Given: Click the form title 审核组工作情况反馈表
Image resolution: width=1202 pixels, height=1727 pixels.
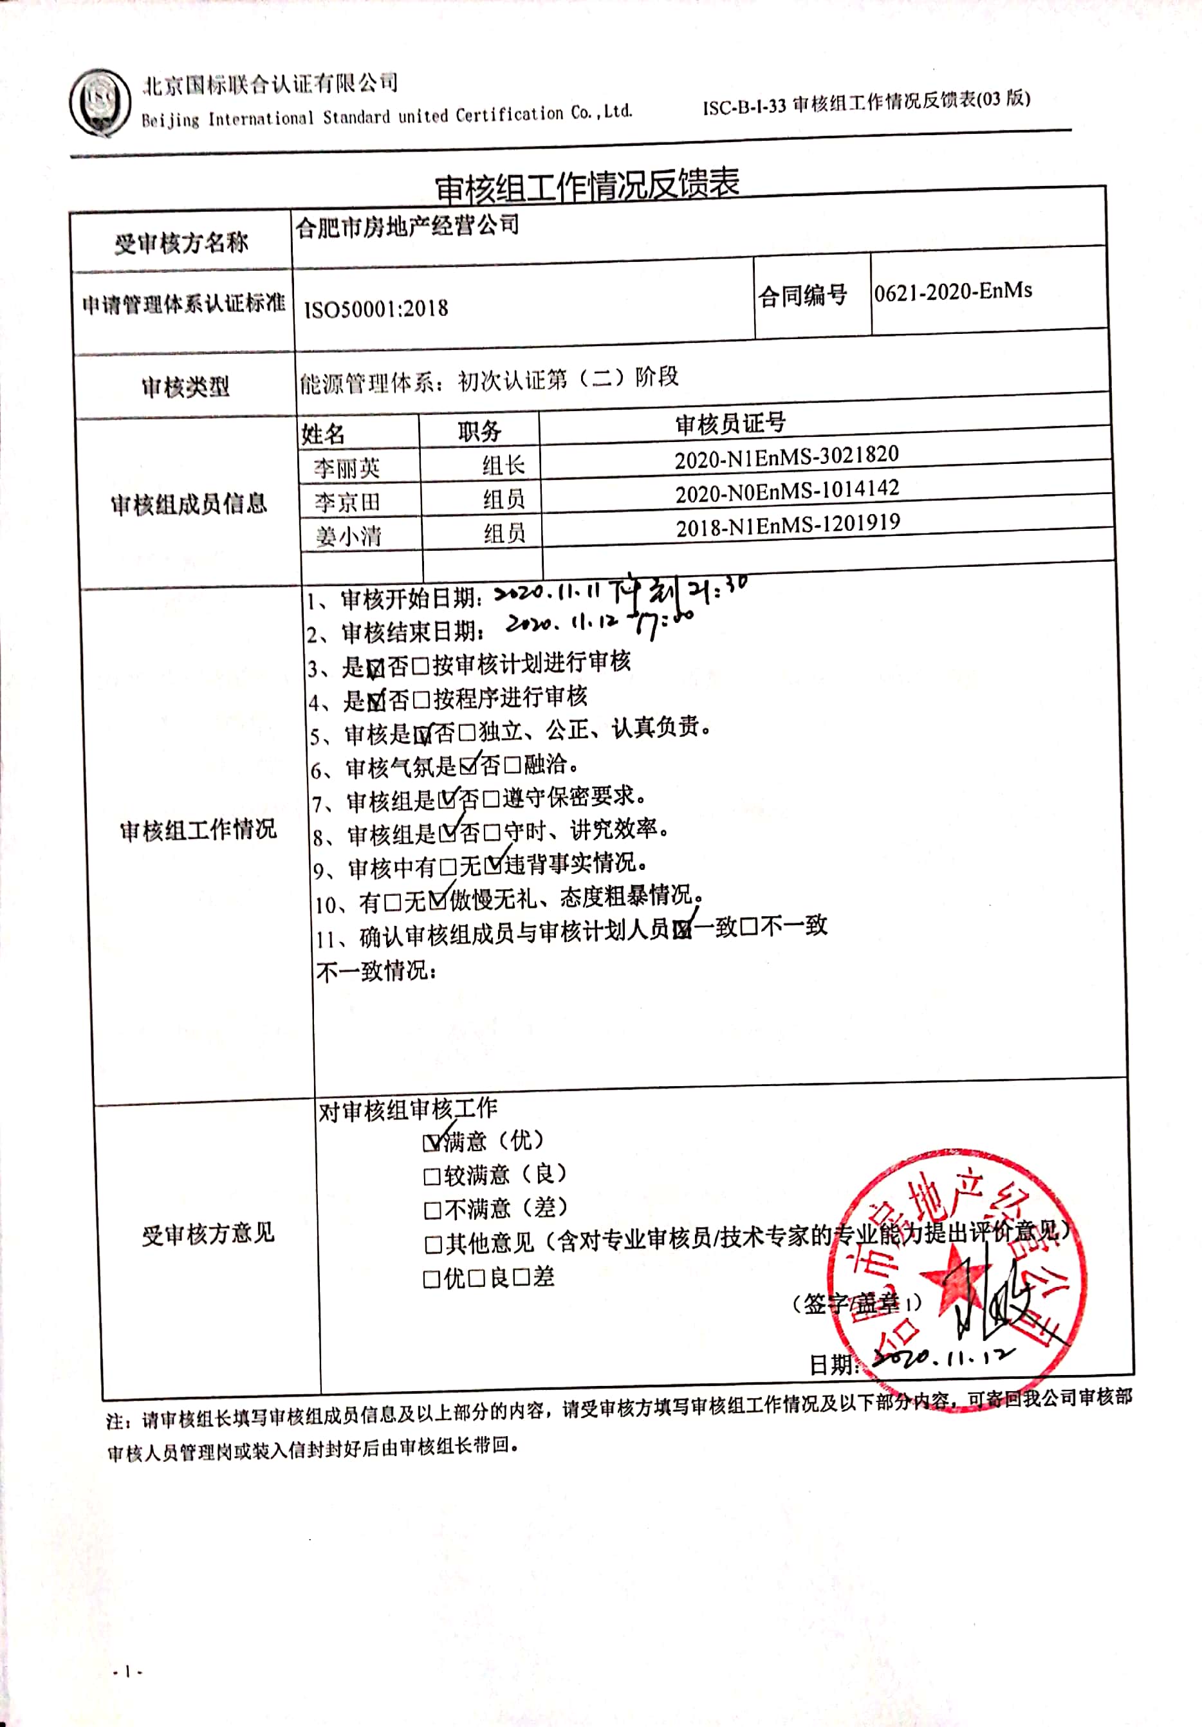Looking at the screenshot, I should point(587,186).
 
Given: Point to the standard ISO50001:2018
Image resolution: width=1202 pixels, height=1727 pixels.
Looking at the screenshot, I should point(375,308).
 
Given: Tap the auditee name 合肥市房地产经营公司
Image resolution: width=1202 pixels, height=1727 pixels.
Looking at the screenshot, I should point(407,226).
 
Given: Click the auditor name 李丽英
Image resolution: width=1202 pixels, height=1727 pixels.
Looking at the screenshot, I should point(347,468).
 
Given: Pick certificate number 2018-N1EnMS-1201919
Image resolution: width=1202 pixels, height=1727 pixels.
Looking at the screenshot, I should point(788,526).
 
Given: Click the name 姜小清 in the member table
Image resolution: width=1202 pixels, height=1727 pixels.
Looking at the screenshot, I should point(348,536).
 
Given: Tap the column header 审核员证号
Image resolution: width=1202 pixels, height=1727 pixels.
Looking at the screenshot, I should point(730,424).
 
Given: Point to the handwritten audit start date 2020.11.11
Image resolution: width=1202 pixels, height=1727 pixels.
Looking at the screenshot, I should point(548,593).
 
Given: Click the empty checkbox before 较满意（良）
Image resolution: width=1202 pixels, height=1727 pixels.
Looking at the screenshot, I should point(432,1176).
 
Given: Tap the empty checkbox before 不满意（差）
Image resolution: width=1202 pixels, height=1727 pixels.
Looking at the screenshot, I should point(432,1210).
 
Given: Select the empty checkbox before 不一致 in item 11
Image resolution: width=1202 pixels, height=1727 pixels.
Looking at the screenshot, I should point(748,927).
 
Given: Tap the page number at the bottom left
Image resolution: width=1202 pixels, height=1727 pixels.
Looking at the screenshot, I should point(127,1672).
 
